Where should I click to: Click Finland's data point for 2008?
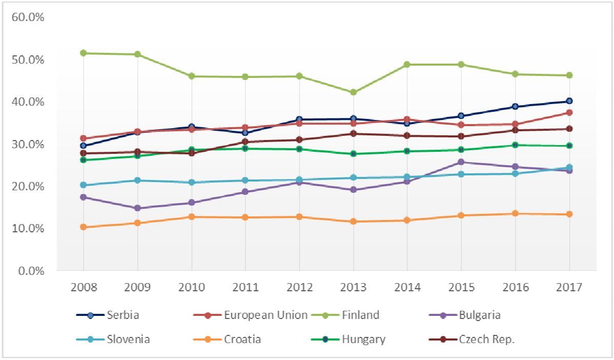(84, 53)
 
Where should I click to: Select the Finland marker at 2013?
(353, 92)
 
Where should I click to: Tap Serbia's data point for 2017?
(569, 101)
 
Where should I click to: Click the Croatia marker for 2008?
(84, 227)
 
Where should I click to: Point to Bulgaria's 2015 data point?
(461, 162)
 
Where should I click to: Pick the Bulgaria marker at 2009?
(137, 208)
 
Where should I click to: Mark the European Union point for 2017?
(569, 112)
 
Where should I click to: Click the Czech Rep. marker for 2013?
(353, 133)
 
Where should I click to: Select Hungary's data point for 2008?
(84, 160)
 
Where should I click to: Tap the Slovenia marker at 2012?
(299, 180)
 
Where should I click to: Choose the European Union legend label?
(266, 315)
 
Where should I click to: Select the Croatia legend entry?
(243, 339)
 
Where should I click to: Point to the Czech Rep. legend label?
(487, 339)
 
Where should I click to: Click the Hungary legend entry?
(364, 339)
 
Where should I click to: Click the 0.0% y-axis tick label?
(29, 270)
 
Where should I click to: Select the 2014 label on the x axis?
(407, 287)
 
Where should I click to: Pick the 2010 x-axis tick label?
(191, 287)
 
